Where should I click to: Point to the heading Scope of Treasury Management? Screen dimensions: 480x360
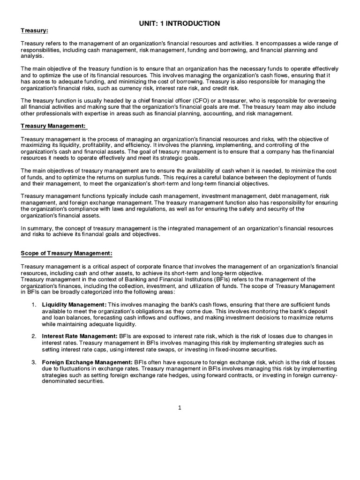pos(67,254)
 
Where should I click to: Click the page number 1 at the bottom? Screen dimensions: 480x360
pos(180,408)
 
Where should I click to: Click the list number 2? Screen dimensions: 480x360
pos(34,336)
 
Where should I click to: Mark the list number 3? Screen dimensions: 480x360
pos(34,362)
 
